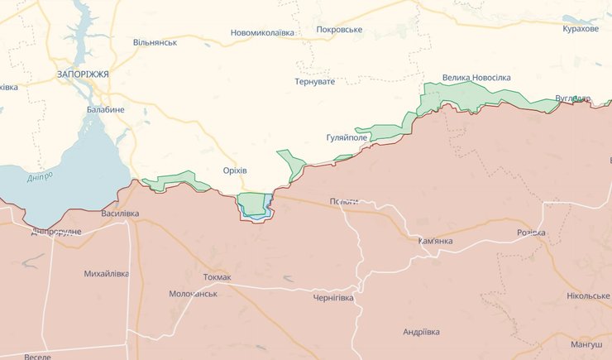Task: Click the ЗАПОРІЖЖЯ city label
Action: pos(83,74)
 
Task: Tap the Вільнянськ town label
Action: pos(155,42)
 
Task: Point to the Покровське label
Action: pos(339,30)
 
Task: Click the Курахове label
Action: pos(581,29)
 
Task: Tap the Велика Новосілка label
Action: pos(476,78)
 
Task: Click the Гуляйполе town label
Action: pos(352,138)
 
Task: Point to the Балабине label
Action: pos(105,109)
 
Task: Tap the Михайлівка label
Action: pos(107,273)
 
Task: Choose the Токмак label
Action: pos(217,277)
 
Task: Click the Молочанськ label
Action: pos(193,294)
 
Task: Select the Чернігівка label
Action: pos(333,298)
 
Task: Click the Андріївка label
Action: pos(421,332)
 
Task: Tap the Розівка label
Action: pos(531,233)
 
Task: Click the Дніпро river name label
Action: pos(39,176)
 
